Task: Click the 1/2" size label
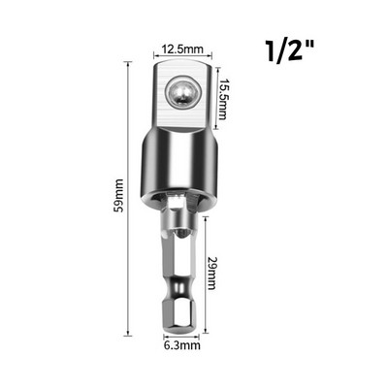289,50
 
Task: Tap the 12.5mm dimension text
182,49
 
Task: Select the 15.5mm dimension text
223,99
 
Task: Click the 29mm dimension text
211,274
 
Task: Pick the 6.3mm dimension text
182,345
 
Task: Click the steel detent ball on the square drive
182,91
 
